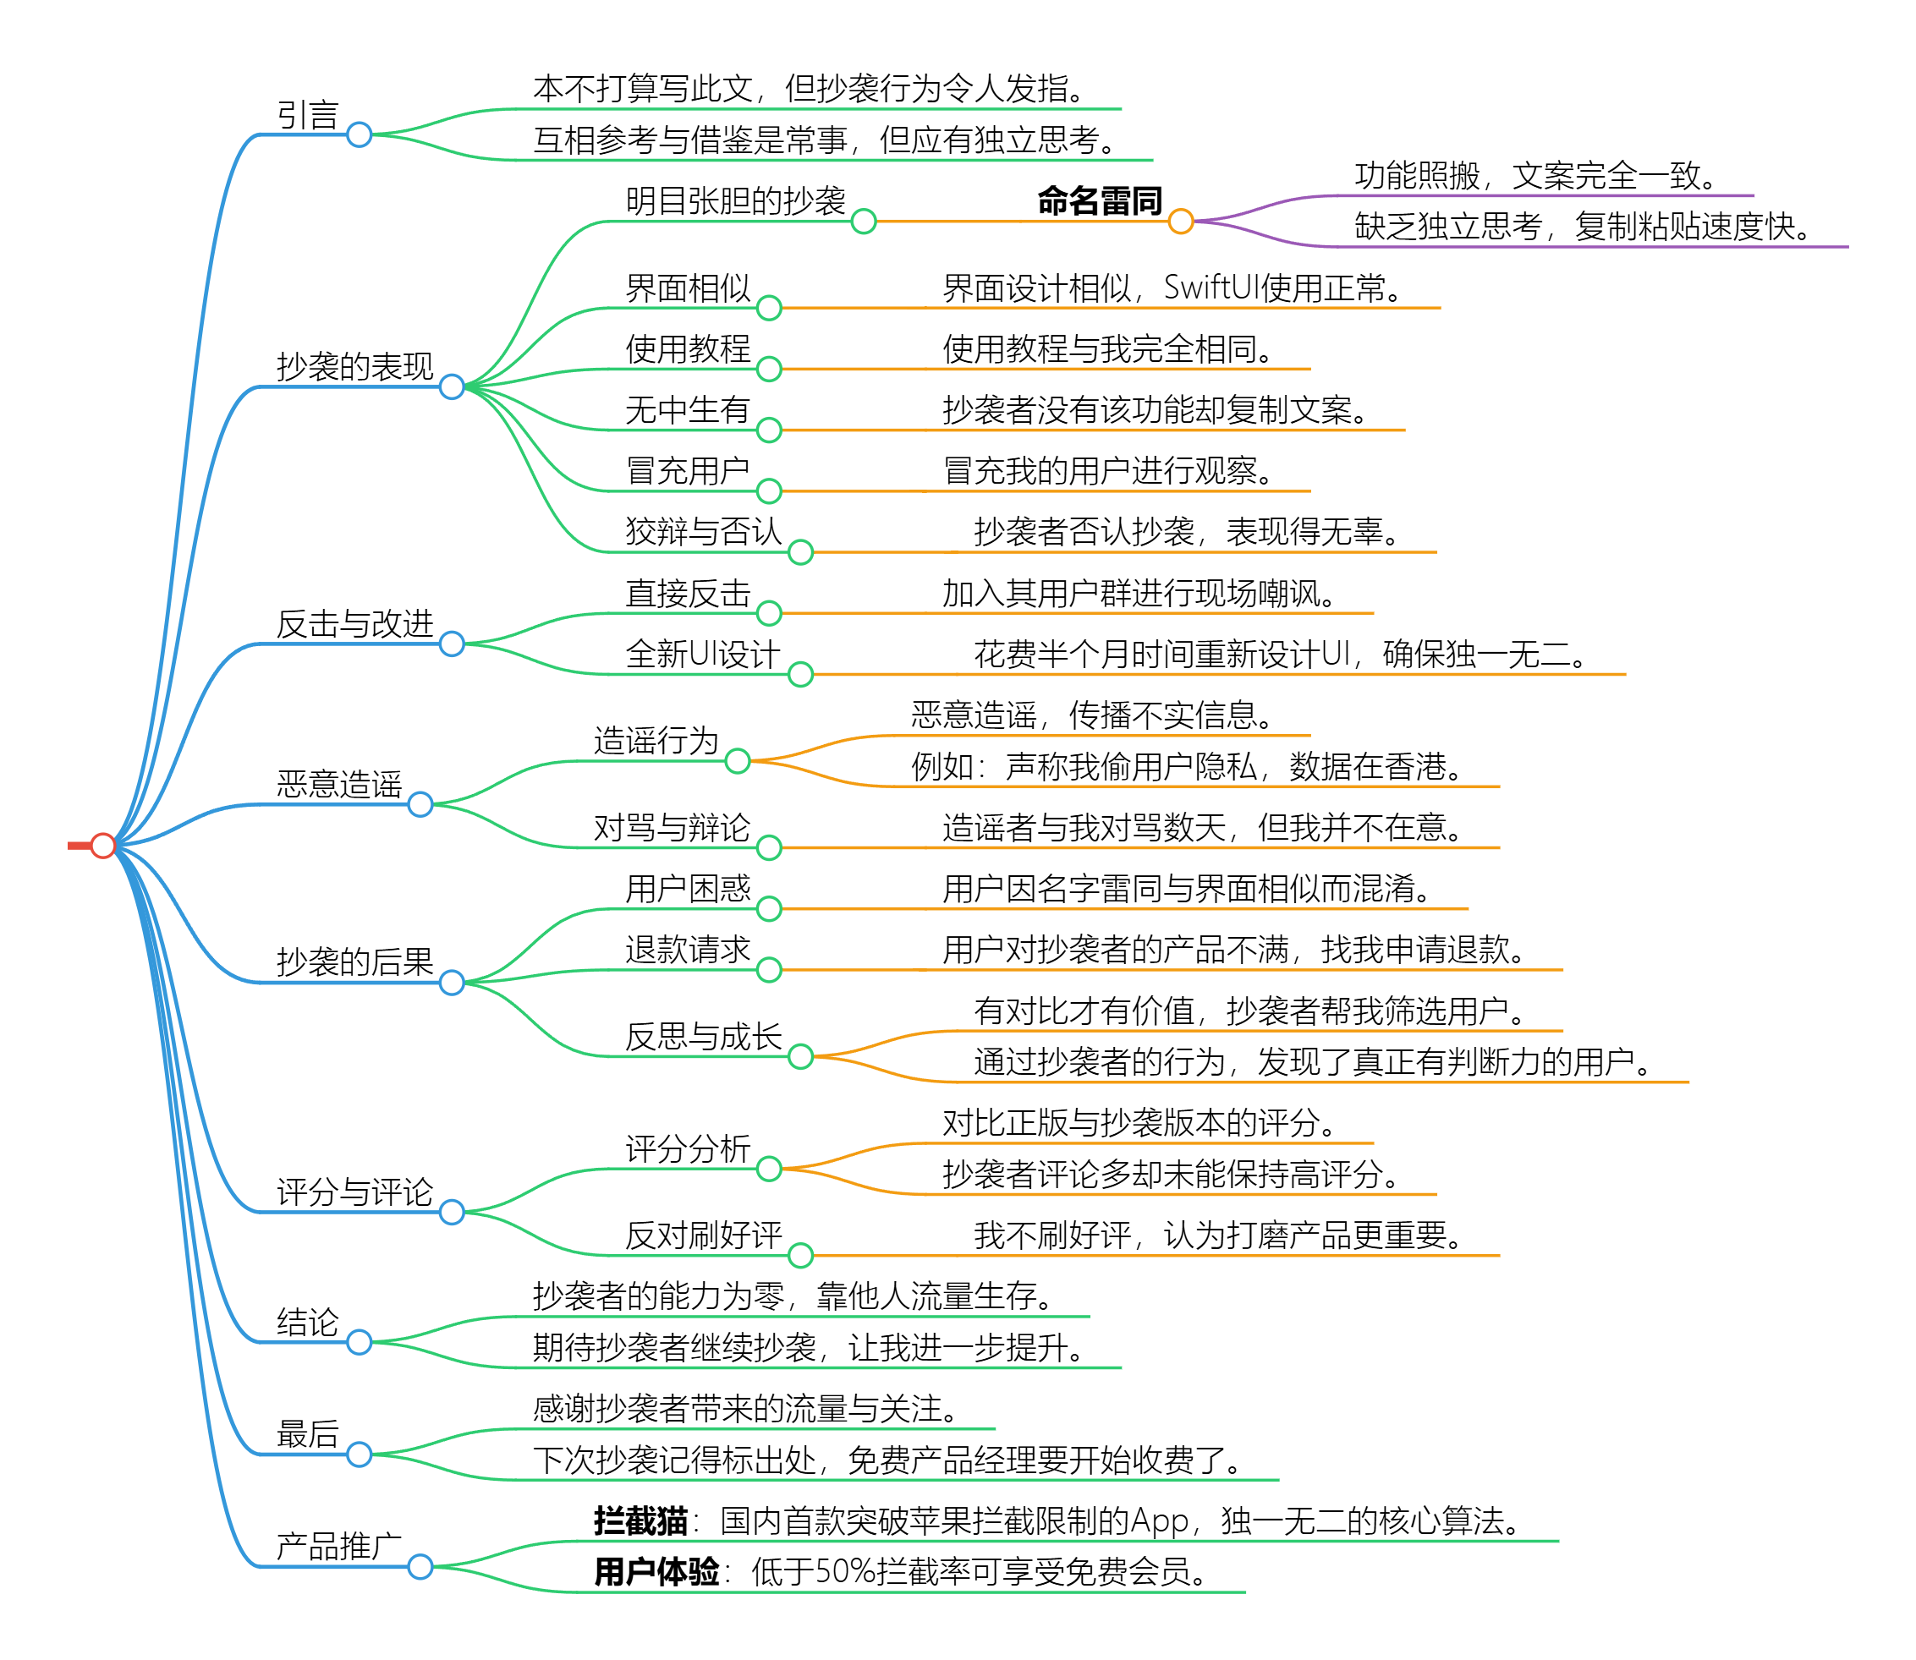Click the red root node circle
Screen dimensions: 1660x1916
coord(103,846)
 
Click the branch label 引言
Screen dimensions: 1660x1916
coord(308,116)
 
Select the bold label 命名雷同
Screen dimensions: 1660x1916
coord(1100,201)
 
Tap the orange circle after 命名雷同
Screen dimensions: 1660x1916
coord(1180,222)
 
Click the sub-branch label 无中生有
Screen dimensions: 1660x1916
coord(688,409)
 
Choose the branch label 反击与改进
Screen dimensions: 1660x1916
coord(354,623)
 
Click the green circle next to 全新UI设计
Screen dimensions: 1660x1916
coord(800,674)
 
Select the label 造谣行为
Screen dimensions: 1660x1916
coord(656,741)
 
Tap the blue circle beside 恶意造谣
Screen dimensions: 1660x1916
coord(420,805)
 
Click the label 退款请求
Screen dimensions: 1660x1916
coord(688,950)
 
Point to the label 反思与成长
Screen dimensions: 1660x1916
coord(703,1037)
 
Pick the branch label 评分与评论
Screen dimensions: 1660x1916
coord(354,1192)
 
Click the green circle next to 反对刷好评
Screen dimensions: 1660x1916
coord(800,1255)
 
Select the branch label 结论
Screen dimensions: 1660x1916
coord(308,1322)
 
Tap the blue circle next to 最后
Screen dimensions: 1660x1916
coord(360,1455)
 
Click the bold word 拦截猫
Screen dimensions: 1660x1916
coord(640,1521)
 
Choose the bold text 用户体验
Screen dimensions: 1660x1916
coord(656,1572)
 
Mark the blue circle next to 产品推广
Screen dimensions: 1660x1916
coord(420,1566)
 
